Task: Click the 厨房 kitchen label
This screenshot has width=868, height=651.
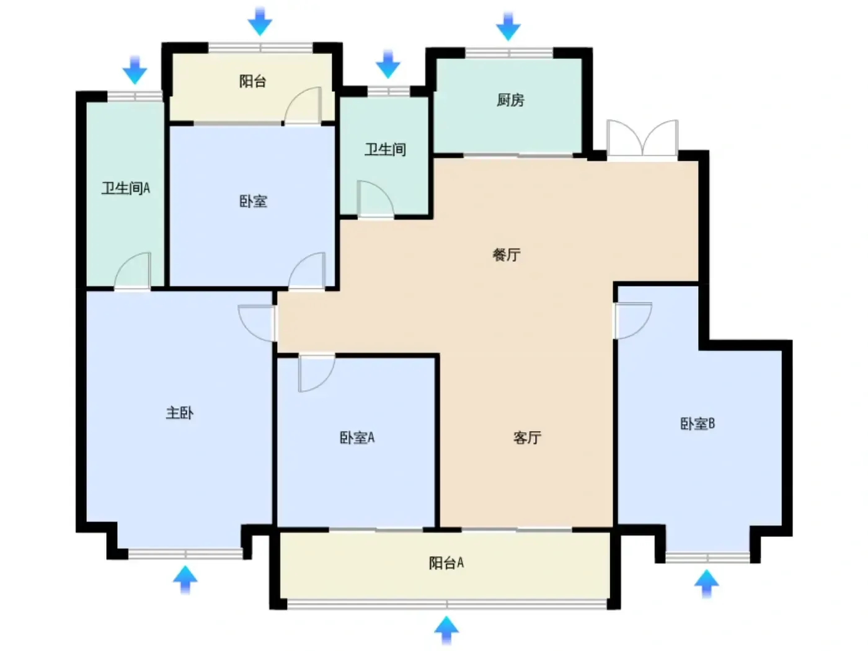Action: [510, 100]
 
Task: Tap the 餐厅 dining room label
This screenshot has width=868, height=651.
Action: [506, 255]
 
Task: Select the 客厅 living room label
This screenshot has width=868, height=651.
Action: [527, 437]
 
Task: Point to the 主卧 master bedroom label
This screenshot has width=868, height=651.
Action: [180, 413]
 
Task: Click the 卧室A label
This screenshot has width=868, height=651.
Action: [356, 437]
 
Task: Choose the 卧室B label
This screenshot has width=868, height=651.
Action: [697, 423]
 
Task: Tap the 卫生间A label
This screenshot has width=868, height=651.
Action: [126, 188]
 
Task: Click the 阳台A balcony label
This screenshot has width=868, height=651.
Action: [446, 562]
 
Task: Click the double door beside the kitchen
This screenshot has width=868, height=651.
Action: [642, 138]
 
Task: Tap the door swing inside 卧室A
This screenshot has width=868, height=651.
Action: [317, 373]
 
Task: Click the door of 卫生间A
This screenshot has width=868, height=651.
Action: [133, 271]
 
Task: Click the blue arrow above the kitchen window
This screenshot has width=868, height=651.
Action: [508, 27]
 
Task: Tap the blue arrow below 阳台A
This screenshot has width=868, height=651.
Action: [446, 630]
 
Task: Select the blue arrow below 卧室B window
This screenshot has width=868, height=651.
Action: [707, 583]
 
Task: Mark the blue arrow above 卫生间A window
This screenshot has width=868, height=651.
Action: [135, 70]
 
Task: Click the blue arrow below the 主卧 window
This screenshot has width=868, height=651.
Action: [185, 580]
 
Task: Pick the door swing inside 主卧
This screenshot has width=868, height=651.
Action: [257, 323]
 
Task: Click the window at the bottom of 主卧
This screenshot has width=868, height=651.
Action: [185, 554]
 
